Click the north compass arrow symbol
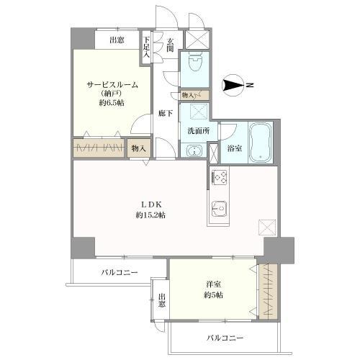235,86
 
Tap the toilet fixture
194,66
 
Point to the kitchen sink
220,210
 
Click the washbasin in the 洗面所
192,150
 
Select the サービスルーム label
113,85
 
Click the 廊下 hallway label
166,112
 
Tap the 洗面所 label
198,131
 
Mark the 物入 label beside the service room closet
139,148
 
